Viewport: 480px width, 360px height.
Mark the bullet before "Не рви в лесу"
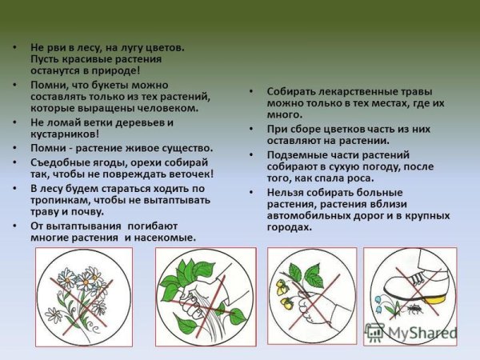[x=15, y=47]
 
